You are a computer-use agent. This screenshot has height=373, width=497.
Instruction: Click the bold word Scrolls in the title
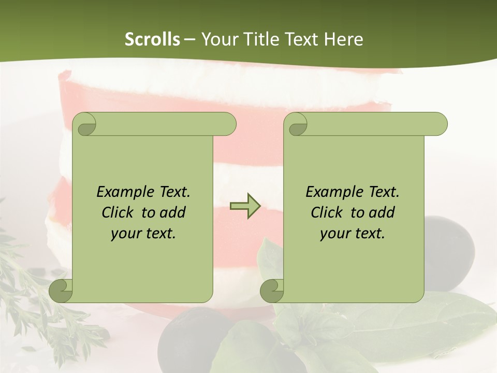152,39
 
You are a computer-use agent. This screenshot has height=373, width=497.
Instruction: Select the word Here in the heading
343,39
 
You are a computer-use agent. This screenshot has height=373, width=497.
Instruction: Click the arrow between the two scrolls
245,206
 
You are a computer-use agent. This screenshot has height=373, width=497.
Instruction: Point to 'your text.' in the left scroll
143,234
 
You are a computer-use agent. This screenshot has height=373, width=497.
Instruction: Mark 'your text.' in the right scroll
353,234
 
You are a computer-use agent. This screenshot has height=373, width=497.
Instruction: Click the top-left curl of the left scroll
85,125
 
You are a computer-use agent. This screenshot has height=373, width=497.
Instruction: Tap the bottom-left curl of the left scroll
61,291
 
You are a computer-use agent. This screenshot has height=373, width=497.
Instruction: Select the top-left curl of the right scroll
297,125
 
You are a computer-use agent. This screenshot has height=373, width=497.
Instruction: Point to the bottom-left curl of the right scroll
272,291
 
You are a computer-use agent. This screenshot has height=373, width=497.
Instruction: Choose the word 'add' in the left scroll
173,212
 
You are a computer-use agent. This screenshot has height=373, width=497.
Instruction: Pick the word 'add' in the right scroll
382,212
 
